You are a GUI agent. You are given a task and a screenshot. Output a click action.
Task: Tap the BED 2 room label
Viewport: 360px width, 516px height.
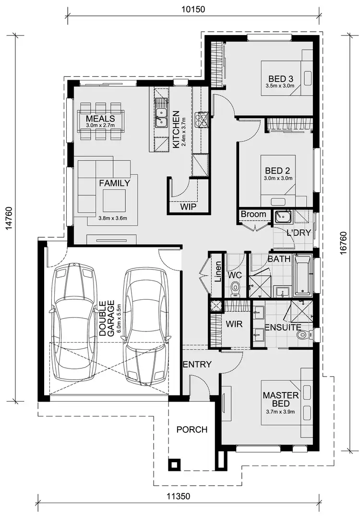(x=277, y=171)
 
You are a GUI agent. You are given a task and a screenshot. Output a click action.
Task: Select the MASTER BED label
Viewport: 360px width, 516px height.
(x=281, y=399)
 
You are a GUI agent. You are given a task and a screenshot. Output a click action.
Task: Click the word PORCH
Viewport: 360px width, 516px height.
(x=192, y=430)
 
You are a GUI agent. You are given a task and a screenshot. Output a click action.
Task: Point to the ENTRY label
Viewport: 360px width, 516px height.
(x=197, y=365)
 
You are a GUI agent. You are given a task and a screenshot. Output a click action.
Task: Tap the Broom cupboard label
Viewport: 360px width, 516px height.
(x=254, y=214)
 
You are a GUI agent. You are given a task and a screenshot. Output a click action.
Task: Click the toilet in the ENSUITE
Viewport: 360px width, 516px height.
(x=302, y=334)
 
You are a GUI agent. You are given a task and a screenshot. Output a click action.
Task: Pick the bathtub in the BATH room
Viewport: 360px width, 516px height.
(x=302, y=276)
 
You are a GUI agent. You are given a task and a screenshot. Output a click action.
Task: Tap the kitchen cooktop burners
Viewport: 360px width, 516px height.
(x=202, y=119)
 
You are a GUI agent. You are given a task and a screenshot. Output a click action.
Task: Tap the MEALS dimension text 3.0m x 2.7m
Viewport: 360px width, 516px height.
(x=100, y=125)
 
